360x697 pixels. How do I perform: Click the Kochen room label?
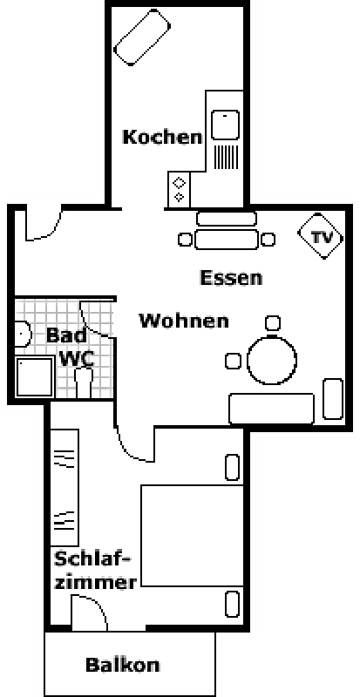(x=162, y=137)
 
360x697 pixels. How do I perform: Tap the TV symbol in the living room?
(x=321, y=236)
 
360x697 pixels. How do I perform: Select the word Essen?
(x=231, y=277)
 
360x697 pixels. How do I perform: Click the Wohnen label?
(x=184, y=320)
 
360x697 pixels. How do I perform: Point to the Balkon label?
(x=122, y=665)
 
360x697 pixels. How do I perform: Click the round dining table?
(x=271, y=360)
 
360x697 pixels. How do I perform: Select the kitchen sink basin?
(x=225, y=125)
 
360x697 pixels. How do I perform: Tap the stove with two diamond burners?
(x=179, y=189)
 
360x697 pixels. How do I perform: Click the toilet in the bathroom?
(x=83, y=383)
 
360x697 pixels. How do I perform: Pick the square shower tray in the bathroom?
(x=35, y=377)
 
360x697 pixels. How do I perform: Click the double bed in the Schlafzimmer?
(x=193, y=536)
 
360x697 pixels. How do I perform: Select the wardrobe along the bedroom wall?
(x=65, y=487)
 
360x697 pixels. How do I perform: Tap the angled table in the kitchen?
(x=142, y=37)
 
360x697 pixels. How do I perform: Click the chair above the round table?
(x=273, y=322)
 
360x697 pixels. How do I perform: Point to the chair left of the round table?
(x=234, y=361)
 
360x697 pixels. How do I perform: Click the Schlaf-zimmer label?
(x=95, y=571)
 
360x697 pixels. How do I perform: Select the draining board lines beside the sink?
(x=227, y=157)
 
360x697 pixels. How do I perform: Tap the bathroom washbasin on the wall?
(x=23, y=335)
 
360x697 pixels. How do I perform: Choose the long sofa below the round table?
(x=271, y=409)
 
